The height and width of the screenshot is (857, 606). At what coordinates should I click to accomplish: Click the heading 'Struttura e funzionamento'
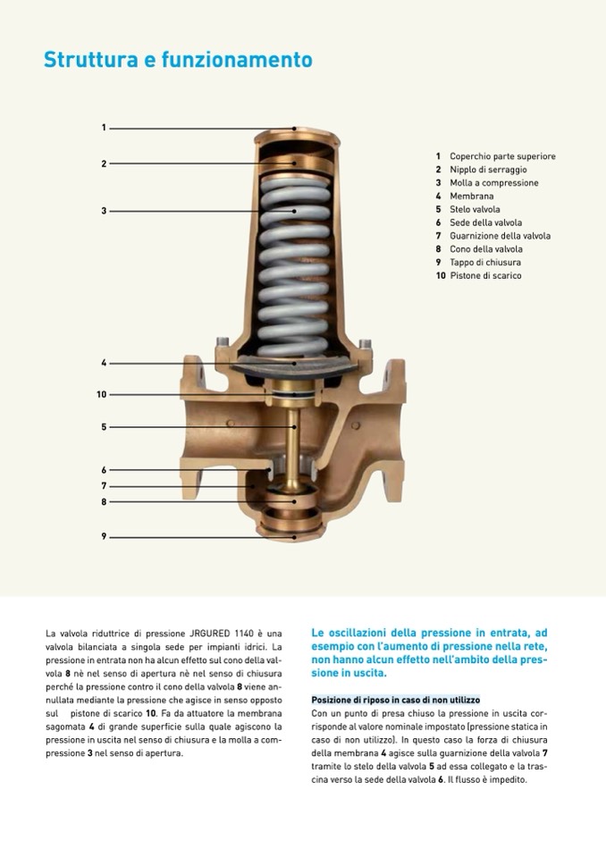click(x=178, y=60)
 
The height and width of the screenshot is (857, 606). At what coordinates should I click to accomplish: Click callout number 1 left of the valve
click(x=104, y=128)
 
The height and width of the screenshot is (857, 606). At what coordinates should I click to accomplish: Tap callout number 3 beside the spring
click(x=104, y=211)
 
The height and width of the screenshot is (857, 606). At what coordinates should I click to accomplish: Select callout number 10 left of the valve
click(x=102, y=394)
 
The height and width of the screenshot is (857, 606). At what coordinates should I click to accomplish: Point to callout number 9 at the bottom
click(x=104, y=536)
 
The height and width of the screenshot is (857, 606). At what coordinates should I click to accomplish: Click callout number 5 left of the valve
click(x=104, y=427)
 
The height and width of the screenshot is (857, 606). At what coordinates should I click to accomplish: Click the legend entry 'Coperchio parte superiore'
click(x=502, y=156)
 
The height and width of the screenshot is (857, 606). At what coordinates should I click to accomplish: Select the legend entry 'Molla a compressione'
click(x=493, y=183)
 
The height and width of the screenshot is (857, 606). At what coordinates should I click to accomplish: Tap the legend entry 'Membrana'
click(x=471, y=197)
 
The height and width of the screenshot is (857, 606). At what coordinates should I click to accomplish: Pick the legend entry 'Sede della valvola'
click(x=485, y=223)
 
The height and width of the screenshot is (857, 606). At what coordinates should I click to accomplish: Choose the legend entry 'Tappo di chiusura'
click(x=484, y=263)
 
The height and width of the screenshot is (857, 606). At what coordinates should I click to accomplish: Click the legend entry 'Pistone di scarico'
click(x=485, y=276)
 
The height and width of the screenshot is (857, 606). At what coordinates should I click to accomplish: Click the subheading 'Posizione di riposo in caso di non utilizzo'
click(x=395, y=700)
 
